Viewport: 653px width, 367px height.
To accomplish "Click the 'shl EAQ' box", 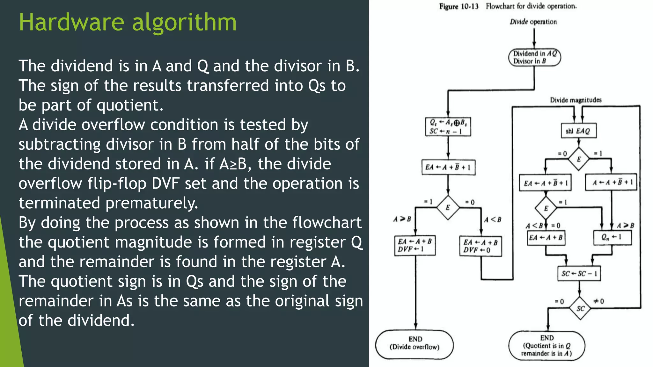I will click(x=578, y=131).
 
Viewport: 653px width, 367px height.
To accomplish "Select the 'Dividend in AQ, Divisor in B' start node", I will click(x=534, y=58).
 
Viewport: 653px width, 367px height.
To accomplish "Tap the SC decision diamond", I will click(x=580, y=308).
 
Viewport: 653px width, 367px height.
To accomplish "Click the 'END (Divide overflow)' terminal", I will click(x=414, y=345).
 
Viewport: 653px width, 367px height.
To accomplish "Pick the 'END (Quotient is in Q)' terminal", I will click(x=547, y=346).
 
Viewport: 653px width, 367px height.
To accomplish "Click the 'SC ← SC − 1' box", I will click(x=579, y=274).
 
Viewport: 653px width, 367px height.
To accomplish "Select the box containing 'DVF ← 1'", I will click(x=415, y=246).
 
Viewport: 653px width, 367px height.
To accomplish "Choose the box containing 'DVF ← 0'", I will click(x=481, y=246).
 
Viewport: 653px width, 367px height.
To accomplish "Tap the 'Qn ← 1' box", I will click(x=612, y=237).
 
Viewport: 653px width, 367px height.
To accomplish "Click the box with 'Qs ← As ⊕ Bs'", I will click(x=448, y=127).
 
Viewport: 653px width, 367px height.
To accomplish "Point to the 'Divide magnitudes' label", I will click(x=576, y=100).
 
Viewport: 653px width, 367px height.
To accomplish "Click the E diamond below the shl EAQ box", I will click(x=579, y=159).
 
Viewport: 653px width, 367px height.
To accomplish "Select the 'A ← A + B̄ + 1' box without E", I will click(x=611, y=182).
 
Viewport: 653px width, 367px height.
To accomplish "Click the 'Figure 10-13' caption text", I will click(x=459, y=6).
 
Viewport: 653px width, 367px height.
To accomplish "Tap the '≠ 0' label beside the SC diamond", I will click(x=598, y=301).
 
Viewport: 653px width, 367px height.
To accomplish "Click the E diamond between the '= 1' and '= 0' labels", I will click(x=448, y=207).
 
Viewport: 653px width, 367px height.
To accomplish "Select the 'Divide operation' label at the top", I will click(x=533, y=22).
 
